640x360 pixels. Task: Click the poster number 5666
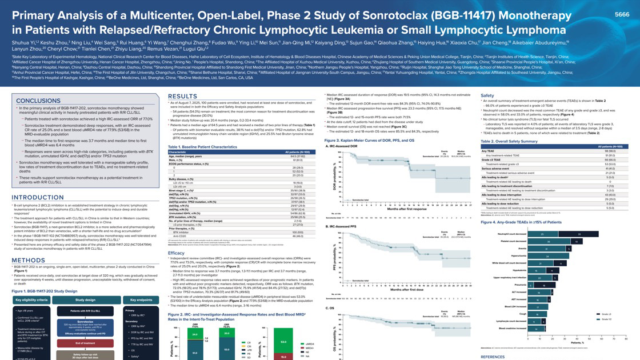click(622, 14)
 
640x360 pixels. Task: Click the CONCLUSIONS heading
click(38, 101)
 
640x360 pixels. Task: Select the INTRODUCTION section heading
click(38, 198)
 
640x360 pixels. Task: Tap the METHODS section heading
click(29, 260)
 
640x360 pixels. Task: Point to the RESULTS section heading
click(182, 96)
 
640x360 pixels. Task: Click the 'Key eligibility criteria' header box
click(31, 299)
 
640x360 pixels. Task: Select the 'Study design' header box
click(85, 299)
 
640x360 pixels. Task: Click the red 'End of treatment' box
click(85, 342)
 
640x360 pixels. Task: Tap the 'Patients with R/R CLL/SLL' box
click(85, 310)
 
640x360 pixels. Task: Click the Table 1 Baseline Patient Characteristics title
click(202, 147)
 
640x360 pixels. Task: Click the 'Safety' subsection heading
click(487, 95)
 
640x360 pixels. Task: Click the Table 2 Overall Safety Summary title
click(509, 141)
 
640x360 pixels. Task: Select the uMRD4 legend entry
click(310, 344)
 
